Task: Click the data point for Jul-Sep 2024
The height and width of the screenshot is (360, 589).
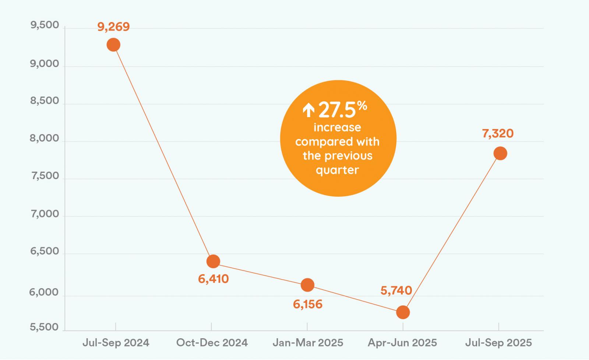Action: [113, 45]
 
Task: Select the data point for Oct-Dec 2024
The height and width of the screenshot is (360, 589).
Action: [213, 261]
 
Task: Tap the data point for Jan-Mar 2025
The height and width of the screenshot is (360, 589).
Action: [307, 284]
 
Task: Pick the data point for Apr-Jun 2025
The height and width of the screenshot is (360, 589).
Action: [403, 312]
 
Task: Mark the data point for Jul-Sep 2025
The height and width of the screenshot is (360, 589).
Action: [500, 153]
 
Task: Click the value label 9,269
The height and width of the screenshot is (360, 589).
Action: [113, 27]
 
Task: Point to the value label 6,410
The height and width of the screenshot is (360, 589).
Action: [213, 279]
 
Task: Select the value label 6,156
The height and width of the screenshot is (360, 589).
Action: [307, 304]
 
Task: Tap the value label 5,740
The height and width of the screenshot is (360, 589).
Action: [396, 291]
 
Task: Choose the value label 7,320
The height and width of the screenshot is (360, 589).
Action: [498, 133]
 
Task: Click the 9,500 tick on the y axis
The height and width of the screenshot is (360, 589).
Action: [45, 25]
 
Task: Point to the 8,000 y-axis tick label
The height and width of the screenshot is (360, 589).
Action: [45, 138]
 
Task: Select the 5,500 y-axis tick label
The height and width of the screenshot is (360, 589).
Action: [45, 327]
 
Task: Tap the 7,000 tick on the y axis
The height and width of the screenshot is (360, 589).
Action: [45, 214]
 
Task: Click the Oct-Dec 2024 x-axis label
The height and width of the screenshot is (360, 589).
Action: [212, 343]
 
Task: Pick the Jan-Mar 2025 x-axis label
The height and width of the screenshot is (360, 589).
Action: [308, 343]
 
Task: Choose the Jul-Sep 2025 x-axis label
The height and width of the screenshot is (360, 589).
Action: [498, 343]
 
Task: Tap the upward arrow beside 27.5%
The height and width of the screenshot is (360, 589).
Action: [308, 110]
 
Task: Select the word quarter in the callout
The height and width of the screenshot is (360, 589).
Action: [337, 170]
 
